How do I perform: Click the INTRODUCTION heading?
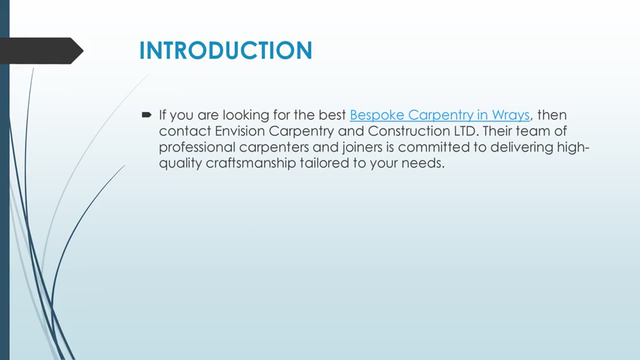click(x=225, y=50)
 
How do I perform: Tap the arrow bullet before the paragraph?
click(x=146, y=115)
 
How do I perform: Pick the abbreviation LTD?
click(x=464, y=131)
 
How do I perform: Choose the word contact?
click(x=185, y=131)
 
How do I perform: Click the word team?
click(x=537, y=131)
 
